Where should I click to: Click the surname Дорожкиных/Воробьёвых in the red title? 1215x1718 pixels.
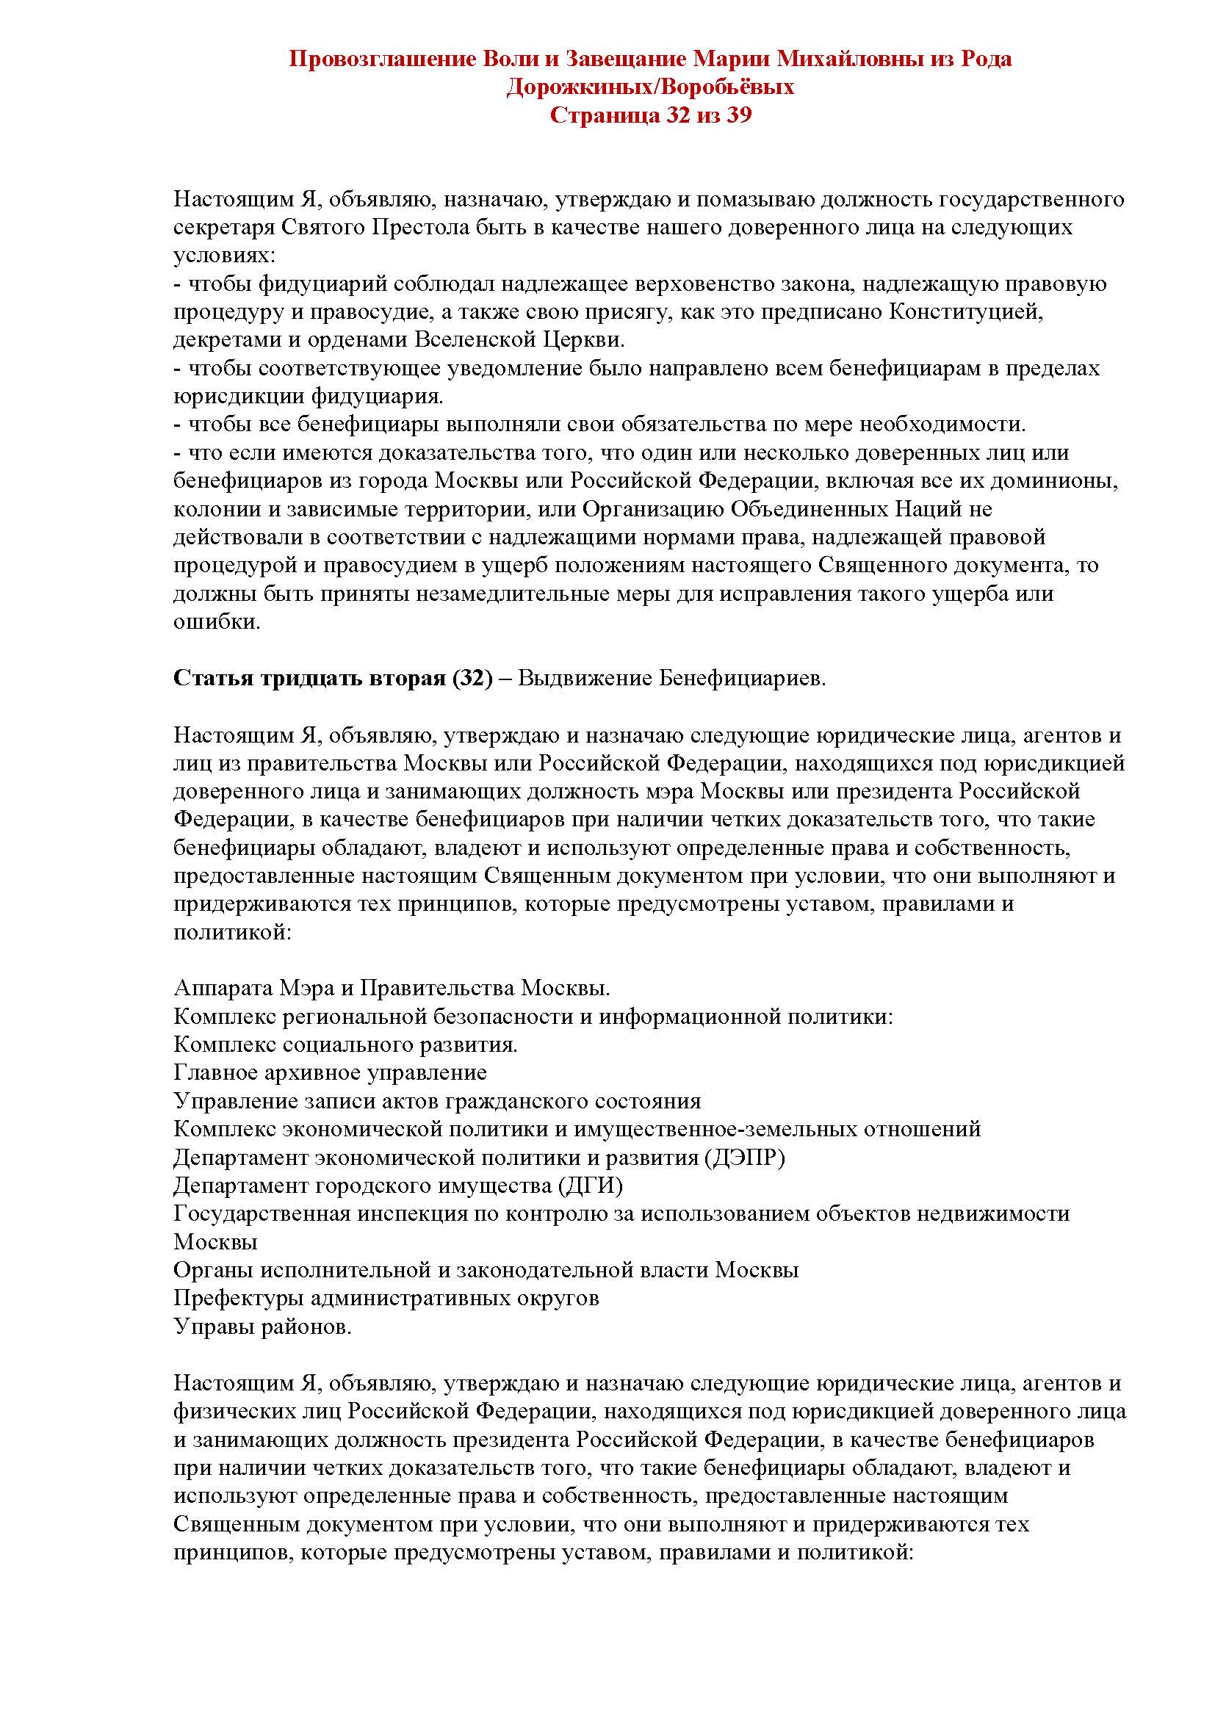coord(649,87)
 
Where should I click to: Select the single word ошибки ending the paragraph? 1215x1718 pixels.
coord(216,622)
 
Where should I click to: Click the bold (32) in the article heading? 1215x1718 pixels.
coord(473,679)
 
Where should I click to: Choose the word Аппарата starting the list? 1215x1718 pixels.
coord(223,989)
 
